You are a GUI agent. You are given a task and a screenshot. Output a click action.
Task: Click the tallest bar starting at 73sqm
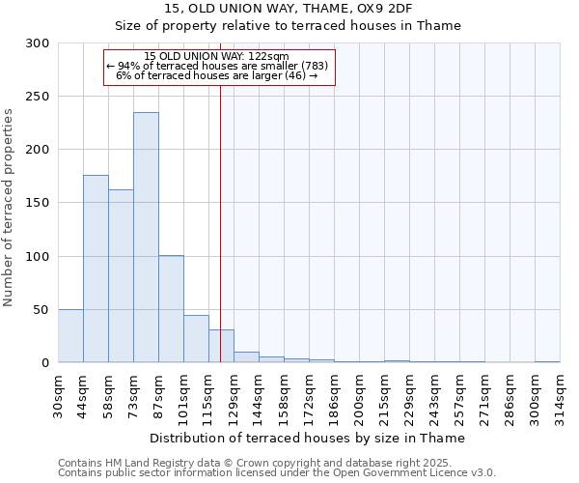(146, 238)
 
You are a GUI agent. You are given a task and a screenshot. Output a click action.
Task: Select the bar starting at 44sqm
(96, 269)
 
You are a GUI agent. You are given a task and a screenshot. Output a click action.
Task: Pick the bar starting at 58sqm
(121, 276)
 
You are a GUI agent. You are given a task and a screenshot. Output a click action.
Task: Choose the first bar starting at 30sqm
(70, 336)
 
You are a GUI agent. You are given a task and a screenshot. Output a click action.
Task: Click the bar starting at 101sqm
(196, 339)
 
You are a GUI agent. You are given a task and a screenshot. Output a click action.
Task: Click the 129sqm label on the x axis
(234, 395)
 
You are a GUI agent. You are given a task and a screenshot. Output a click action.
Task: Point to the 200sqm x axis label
(359, 395)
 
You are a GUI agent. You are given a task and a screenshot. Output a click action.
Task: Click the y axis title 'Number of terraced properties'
(10, 208)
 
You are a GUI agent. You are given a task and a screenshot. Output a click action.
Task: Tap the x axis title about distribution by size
(308, 438)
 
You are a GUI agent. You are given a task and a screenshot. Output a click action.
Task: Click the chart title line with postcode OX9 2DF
(289, 9)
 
